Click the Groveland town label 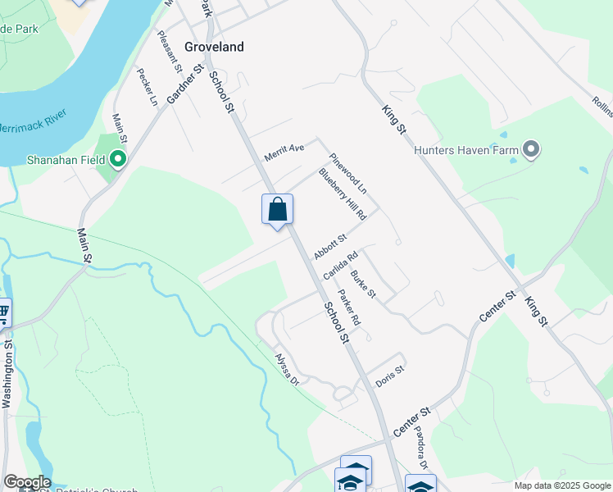point(214,47)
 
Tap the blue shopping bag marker point(277,210)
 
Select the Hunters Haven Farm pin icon point(531,149)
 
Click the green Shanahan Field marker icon point(118,159)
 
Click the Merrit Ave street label point(284,153)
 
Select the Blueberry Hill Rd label point(342,194)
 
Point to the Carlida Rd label point(341,266)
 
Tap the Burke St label point(363,283)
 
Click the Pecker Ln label point(147,88)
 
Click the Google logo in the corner point(26,482)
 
